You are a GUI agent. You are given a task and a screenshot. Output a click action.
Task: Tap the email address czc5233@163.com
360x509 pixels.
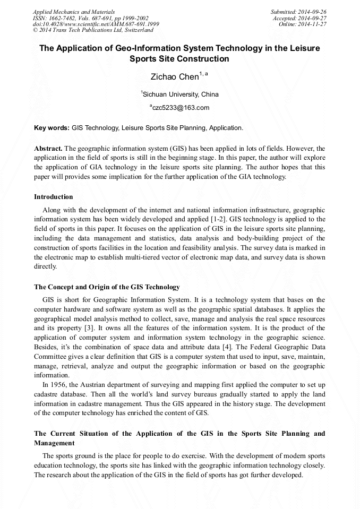[x=180, y=108]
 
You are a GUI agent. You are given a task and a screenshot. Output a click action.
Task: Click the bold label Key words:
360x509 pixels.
[x=52, y=128]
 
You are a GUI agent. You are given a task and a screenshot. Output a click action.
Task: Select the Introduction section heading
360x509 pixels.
[x=54, y=197]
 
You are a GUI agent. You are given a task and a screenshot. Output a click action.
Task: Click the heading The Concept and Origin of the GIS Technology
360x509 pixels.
[x=107, y=287]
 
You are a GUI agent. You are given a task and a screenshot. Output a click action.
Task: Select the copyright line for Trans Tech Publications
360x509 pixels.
[x=93, y=30]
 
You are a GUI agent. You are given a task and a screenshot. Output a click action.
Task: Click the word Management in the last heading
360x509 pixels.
[x=54, y=443]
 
